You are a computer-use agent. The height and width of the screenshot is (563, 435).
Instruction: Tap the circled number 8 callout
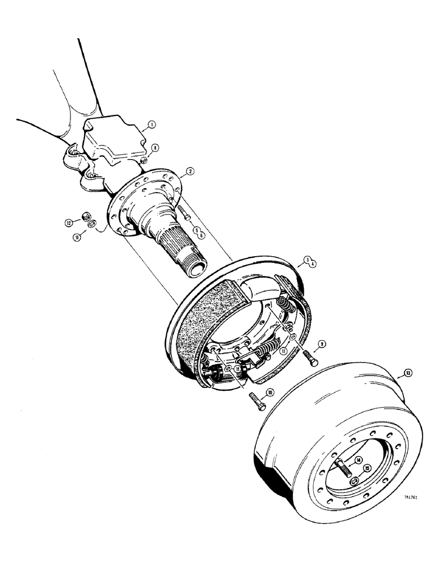(x=155, y=148)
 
